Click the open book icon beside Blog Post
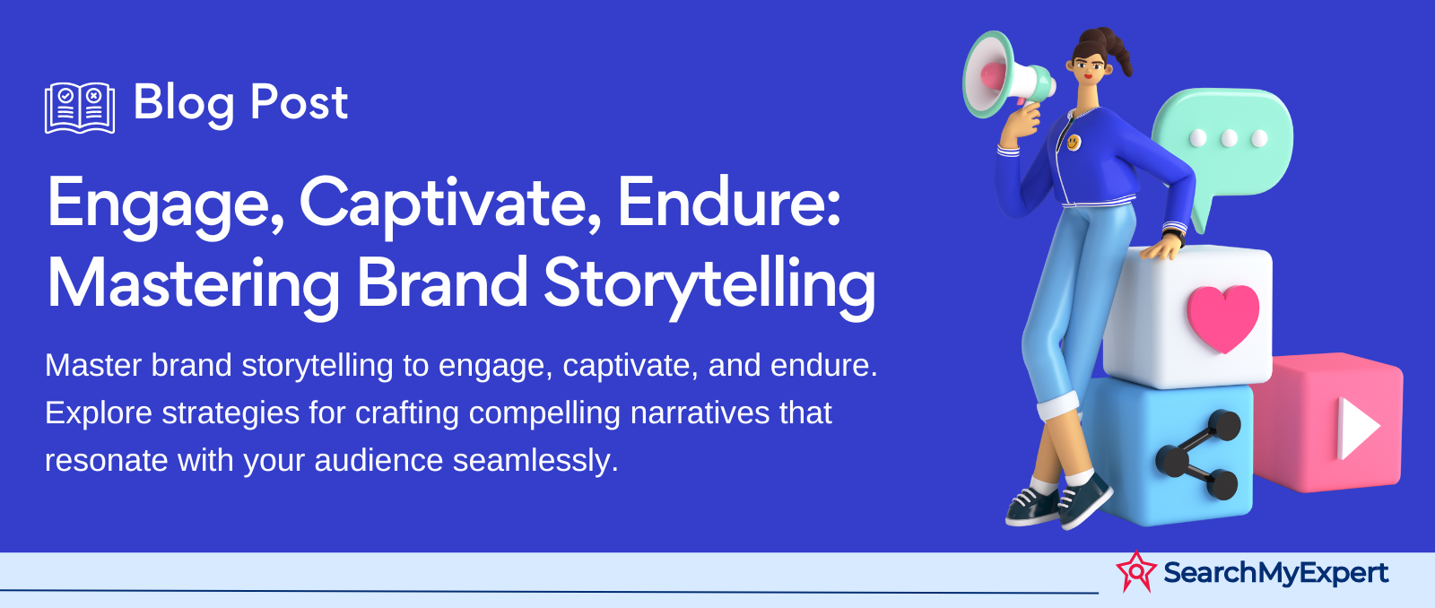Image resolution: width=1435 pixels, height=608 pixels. (x=80, y=108)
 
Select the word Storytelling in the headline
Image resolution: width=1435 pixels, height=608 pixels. (x=709, y=286)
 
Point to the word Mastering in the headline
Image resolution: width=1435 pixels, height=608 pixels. (x=193, y=286)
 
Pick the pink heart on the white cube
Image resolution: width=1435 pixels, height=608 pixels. (x=1222, y=317)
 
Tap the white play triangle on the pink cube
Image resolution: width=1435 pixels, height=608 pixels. (x=1358, y=429)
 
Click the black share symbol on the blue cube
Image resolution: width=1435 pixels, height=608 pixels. (x=1198, y=455)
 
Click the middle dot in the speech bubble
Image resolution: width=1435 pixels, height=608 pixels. (x=1228, y=138)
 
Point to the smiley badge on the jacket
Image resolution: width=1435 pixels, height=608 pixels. (x=1073, y=142)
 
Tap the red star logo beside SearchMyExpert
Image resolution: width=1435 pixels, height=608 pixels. (x=1136, y=571)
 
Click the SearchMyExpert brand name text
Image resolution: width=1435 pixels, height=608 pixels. (x=1275, y=573)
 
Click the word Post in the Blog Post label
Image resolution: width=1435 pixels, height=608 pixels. (x=299, y=102)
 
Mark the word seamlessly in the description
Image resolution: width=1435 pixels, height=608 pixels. (x=535, y=461)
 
